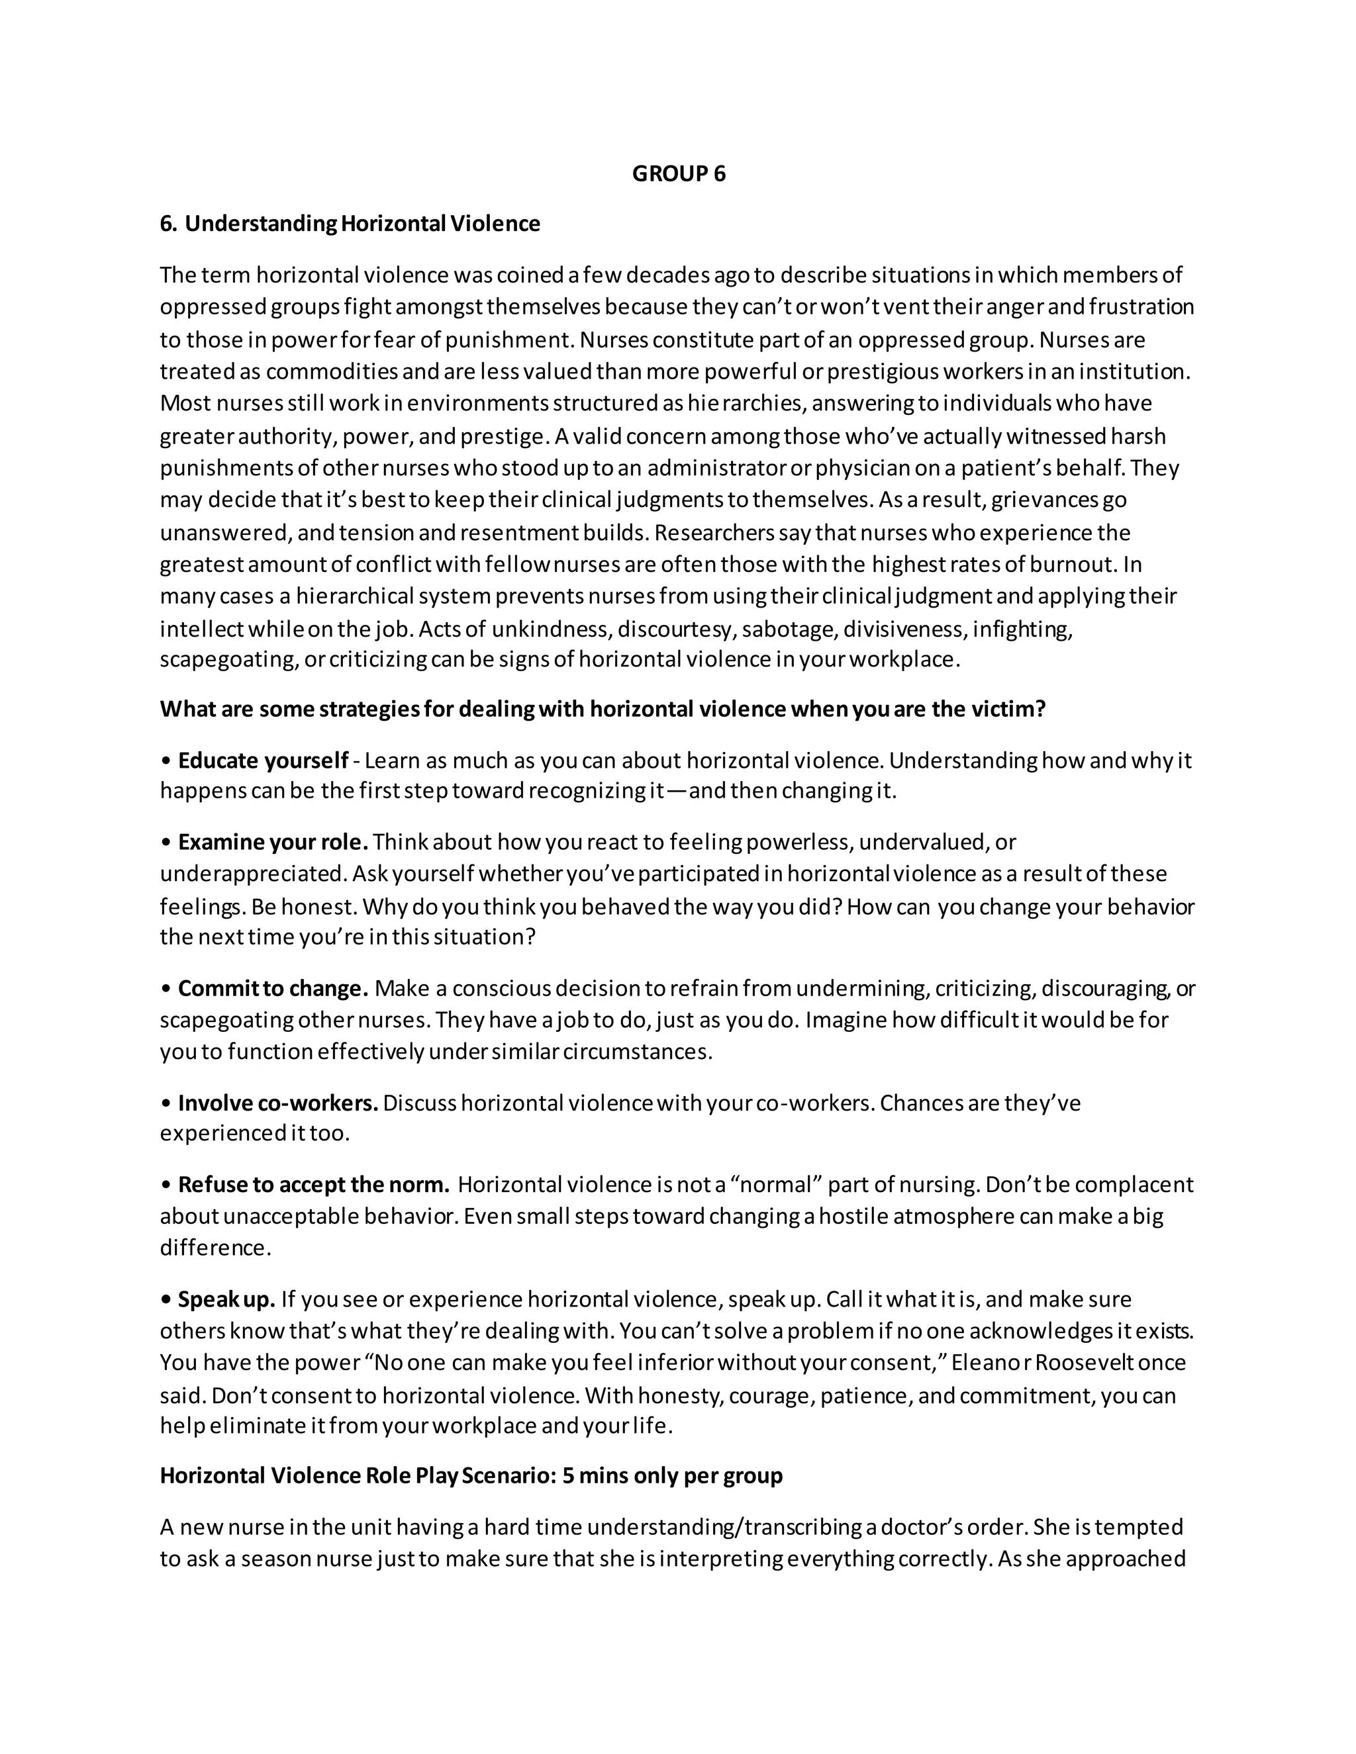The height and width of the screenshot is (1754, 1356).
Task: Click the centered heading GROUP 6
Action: click(678, 174)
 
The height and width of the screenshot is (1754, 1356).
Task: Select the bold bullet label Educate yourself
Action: click(263, 760)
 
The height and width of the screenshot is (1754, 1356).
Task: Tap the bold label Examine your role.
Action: click(272, 842)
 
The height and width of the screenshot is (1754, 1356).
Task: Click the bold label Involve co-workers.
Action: click(277, 1103)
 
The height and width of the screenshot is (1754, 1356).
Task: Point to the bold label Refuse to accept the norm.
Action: click(313, 1185)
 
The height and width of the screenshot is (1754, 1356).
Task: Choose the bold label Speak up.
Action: click(226, 1299)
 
